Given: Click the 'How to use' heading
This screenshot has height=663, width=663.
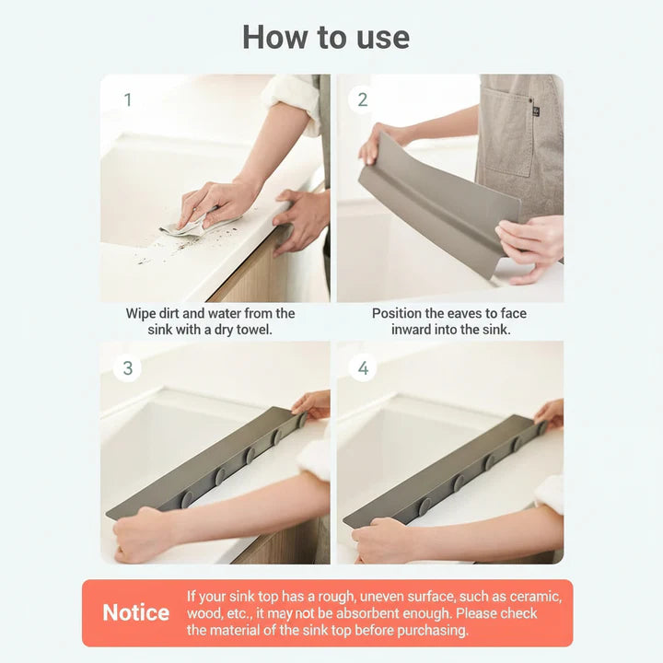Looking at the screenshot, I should tap(325, 37).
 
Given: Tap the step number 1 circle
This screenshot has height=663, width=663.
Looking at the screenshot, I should tap(128, 99).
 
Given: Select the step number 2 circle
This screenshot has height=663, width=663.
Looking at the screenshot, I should tap(363, 99).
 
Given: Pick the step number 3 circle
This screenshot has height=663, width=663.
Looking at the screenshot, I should tap(128, 368).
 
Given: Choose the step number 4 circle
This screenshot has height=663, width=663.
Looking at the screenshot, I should tap(363, 368).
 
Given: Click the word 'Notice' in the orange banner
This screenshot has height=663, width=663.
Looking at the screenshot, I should tap(135, 613).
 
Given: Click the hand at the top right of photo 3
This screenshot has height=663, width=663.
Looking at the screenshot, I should tap(312, 403).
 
